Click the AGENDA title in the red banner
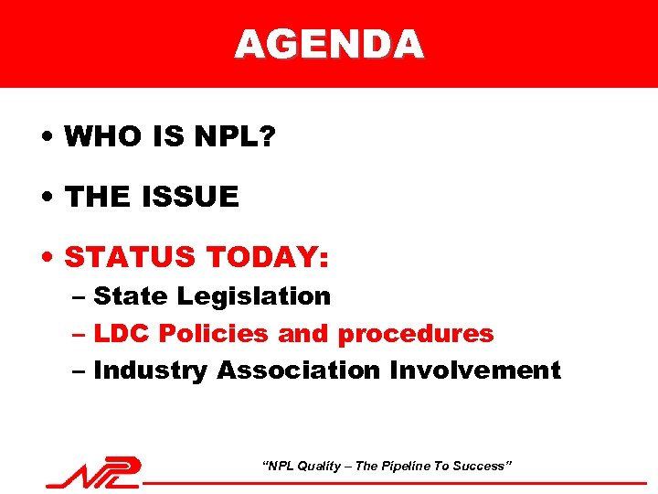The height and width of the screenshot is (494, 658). coord(329,44)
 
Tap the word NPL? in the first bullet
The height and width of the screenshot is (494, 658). coord(235,138)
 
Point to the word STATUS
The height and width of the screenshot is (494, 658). coord(130,257)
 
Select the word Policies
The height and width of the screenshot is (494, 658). coord(214,334)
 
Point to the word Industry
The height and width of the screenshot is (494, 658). coord(150,370)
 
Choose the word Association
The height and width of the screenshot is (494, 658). coord(299,370)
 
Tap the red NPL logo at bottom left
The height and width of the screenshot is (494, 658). coord(95,472)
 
